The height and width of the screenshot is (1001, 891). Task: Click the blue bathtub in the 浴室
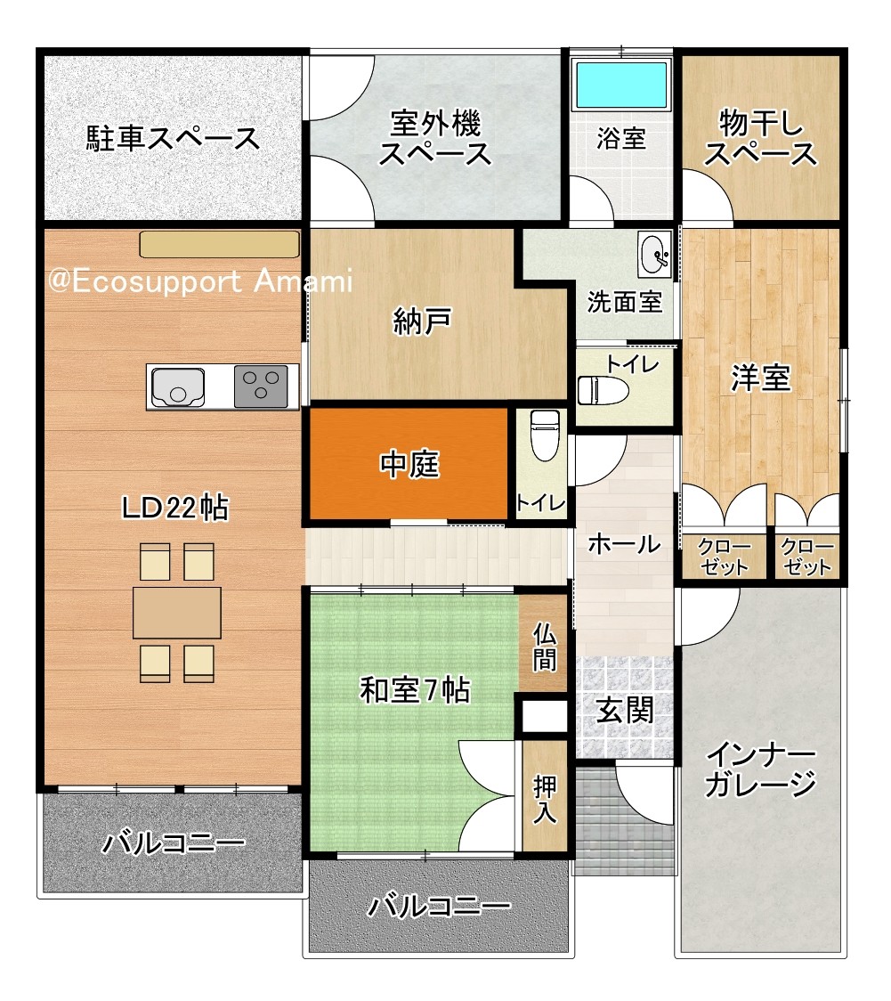(x=621, y=85)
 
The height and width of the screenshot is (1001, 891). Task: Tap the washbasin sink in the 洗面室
(x=655, y=255)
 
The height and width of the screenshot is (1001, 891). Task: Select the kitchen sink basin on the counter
(x=177, y=387)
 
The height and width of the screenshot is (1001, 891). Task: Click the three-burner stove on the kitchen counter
(x=261, y=387)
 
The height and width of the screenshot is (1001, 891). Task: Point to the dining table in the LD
(x=177, y=612)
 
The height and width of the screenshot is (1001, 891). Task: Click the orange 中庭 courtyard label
(x=409, y=464)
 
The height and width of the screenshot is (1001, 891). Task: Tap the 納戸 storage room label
(x=423, y=321)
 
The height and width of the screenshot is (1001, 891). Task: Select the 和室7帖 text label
(x=415, y=690)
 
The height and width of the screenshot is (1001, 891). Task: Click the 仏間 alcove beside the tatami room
(x=545, y=647)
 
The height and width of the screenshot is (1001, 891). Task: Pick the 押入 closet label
(x=545, y=799)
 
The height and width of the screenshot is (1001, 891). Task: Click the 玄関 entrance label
(x=624, y=710)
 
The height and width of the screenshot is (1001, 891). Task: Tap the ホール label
(x=624, y=544)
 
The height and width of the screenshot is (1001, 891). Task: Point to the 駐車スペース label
(x=173, y=138)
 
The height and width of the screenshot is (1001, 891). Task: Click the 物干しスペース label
(x=760, y=138)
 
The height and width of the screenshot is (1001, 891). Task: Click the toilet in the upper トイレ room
(x=603, y=391)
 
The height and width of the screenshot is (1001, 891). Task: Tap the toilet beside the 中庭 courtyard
(x=545, y=435)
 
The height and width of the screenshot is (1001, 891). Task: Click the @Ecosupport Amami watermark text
(x=200, y=281)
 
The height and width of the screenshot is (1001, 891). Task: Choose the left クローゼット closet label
(x=724, y=557)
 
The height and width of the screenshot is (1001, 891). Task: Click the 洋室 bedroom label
(x=761, y=378)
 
